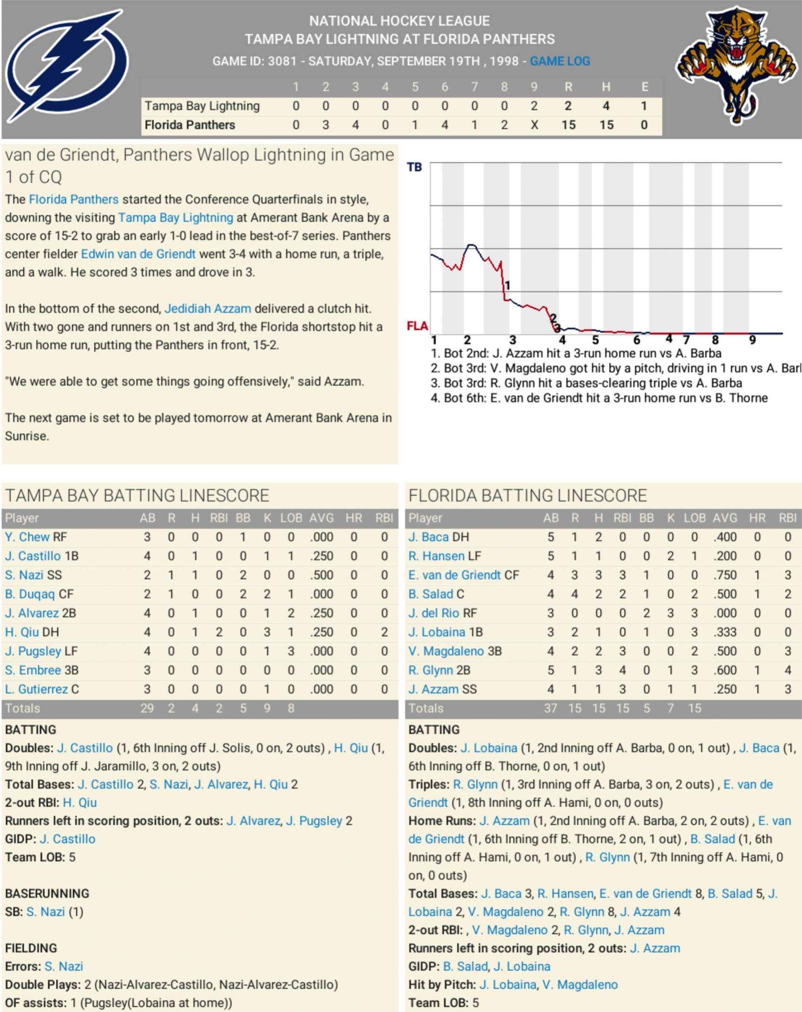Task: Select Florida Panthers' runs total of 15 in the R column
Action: pos(568,125)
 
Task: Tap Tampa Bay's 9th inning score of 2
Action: pos(534,106)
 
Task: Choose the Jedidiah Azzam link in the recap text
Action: pos(208,309)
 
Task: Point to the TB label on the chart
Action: pos(414,168)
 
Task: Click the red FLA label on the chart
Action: pos(417,326)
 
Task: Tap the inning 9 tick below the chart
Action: pos(752,340)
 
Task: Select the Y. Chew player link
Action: pos(27,537)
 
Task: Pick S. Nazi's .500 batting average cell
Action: pos(321,575)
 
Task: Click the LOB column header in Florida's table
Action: pos(694,518)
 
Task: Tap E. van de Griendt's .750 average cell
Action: pos(725,575)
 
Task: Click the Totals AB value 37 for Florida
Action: pos(550,708)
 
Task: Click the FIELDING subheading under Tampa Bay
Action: pos(31,948)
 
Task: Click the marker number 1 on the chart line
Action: pos(508,285)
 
